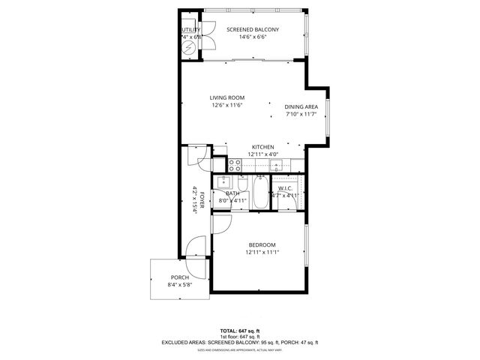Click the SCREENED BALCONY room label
pos(253,29)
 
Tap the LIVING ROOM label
pos(227,97)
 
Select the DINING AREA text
pos(301,106)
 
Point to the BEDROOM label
pos(262,245)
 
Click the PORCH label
pos(179,277)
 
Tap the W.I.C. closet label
pos(285,188)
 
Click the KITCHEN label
pos(262,147)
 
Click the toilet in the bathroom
pos(242,184)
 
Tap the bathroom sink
pos(223,182)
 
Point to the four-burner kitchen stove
pos(235,162)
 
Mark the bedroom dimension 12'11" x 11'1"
pos(262,253)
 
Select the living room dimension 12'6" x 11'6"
pos(227,105)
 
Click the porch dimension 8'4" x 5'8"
pos(179,285)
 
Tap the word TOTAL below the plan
pos(228,331)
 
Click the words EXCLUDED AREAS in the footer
pos(184,343)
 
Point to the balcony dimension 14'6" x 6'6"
pos(253,37)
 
